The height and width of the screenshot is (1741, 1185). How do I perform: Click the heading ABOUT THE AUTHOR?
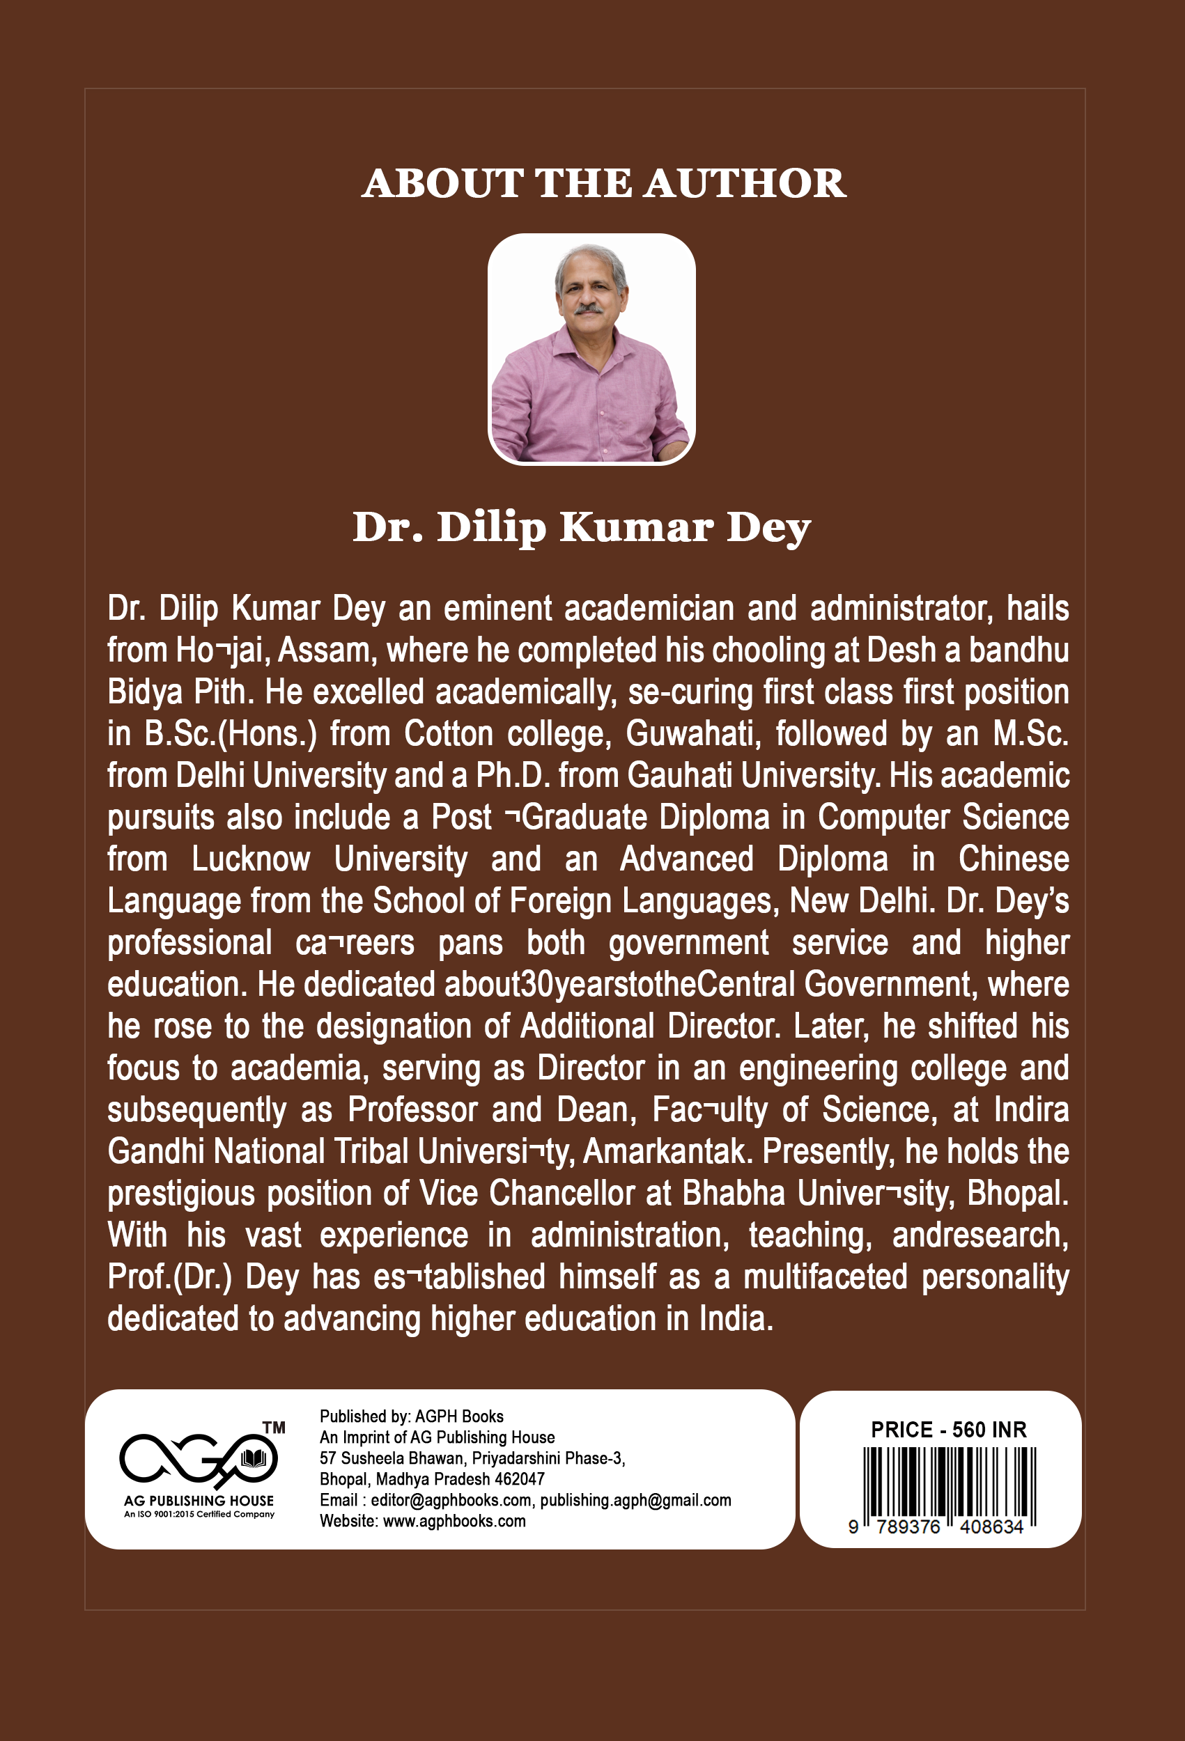(x=603, y=184)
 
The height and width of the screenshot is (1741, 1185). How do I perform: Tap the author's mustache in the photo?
(x=589, y=307)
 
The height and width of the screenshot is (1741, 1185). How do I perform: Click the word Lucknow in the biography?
(x=250, y=859)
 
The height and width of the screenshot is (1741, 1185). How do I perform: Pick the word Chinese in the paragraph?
(x=1014, y=859)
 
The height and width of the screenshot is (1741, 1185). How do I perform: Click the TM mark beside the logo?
(x=274, y=1428)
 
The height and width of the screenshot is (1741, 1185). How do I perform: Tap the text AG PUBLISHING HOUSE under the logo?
(x=199, y=1501)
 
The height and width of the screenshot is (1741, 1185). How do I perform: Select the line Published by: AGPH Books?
(x=412, y=1416)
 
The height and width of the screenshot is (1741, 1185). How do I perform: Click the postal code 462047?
(x=520, y=1480)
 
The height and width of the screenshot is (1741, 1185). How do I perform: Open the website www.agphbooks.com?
(x=454, y=1522)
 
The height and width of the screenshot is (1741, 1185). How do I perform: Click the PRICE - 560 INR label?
(x=948, y=1430)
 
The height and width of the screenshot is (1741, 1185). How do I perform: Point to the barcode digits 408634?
(x=991, y=1527)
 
